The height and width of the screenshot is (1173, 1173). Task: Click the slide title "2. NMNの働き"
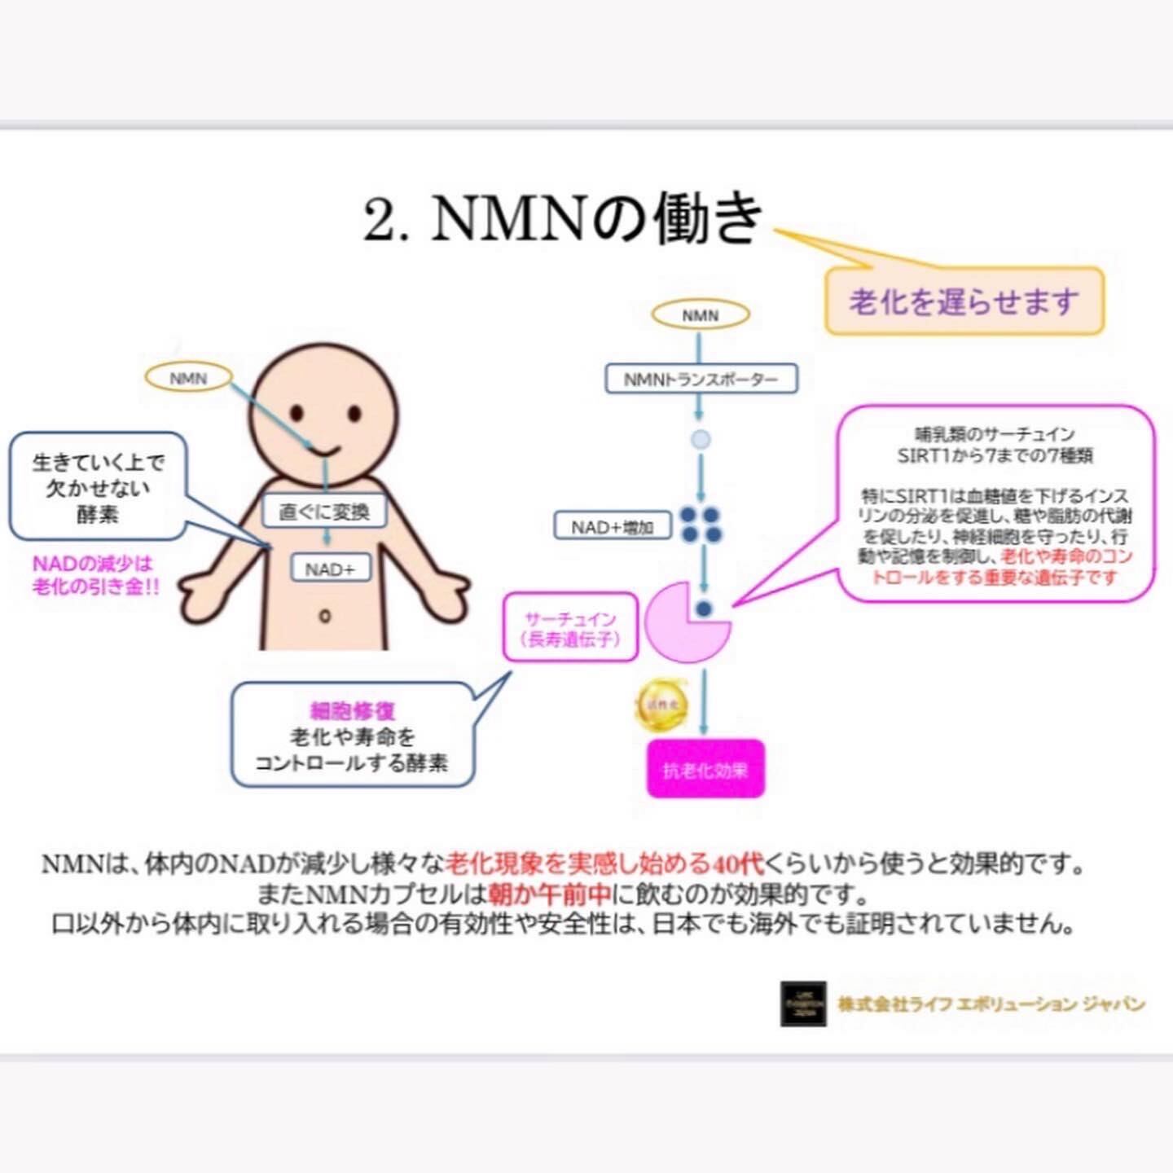click(x=562, y=218)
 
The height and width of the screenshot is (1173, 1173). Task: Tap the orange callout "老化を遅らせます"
click(x=964, y=301)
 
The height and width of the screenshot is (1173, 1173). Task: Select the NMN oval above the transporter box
click(x=700, y=315)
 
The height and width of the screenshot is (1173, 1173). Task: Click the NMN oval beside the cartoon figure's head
click(x=188, y=378)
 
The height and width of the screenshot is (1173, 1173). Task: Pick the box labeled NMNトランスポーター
click(x=701, y=379)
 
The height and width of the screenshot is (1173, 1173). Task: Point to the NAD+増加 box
click(x=612, y=527)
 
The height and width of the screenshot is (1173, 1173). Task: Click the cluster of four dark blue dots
click(x=701, y=525)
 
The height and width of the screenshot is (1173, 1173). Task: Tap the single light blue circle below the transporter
click(x=701, y=440)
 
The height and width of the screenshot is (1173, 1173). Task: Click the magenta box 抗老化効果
click(x=705, y=769)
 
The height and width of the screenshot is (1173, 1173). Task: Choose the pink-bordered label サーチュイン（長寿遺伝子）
click(x=570, y=629)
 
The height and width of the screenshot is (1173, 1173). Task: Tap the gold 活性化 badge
click(x=661, y=705)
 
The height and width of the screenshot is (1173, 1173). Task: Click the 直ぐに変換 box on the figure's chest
click(x=324, y=512)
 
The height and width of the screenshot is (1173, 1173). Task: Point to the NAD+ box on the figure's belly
click(x=330, y=569)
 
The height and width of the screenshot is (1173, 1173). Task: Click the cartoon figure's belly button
click(x=325, y=615)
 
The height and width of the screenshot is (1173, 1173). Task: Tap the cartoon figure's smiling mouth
click(x=325, y=450)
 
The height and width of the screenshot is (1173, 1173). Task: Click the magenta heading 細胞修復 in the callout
click(x=353, y=710)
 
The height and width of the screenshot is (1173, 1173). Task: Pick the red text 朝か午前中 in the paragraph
click(x=549, y=894)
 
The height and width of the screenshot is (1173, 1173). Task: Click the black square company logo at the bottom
click(x=803, y=1004)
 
